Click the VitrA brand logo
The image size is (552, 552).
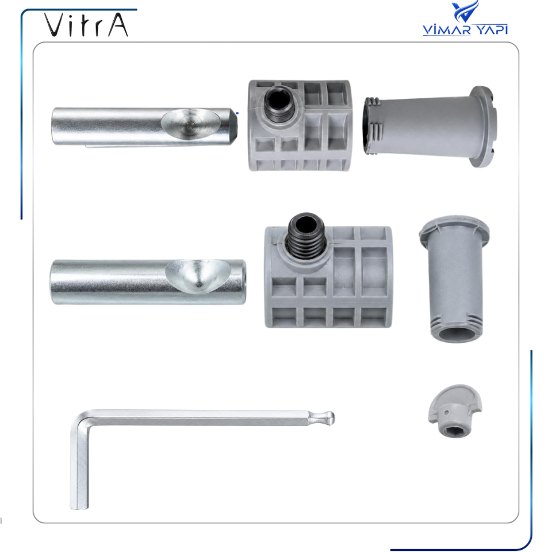pyautogui.click(x=86, y=25)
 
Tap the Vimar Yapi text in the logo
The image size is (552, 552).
pyautogui.click(x=465, y=30)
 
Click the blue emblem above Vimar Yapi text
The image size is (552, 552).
pyautogui.click(x=465, y=11)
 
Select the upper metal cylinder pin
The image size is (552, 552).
pyautogui.click(x=145, y=126)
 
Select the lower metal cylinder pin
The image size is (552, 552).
pyautogui.click(x=148, y=282)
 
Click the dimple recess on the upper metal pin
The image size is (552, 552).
pyautogui.click(x=191, y=125)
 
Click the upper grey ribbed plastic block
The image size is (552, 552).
pyautogui.click(x=299, y=126)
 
